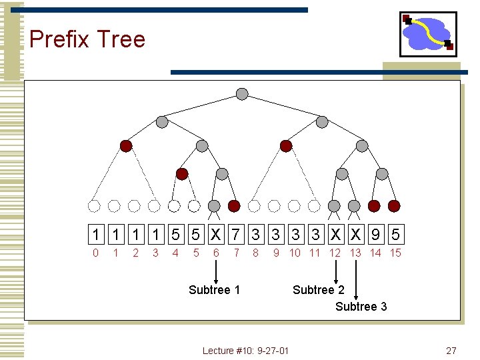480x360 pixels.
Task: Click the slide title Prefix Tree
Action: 87,39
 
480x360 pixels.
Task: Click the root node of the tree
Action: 242,94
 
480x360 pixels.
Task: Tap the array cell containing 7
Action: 236,235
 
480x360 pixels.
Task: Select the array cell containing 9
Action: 376,235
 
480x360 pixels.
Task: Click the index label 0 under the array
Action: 96,253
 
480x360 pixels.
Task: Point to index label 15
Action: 395,253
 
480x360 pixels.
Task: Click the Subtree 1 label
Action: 214,289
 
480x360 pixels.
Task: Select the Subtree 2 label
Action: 319,289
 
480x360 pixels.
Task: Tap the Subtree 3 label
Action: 361,307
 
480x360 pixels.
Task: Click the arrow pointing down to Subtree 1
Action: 216,271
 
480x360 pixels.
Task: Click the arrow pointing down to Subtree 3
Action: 356,280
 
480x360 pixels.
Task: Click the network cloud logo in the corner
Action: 428,34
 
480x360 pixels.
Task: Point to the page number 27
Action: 451,351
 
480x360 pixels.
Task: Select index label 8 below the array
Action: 255,253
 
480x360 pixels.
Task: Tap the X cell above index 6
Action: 216,235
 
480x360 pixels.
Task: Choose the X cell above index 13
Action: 356,235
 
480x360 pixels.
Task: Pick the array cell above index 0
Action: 96,235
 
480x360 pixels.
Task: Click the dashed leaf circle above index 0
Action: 95,205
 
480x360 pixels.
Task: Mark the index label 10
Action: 295,253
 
